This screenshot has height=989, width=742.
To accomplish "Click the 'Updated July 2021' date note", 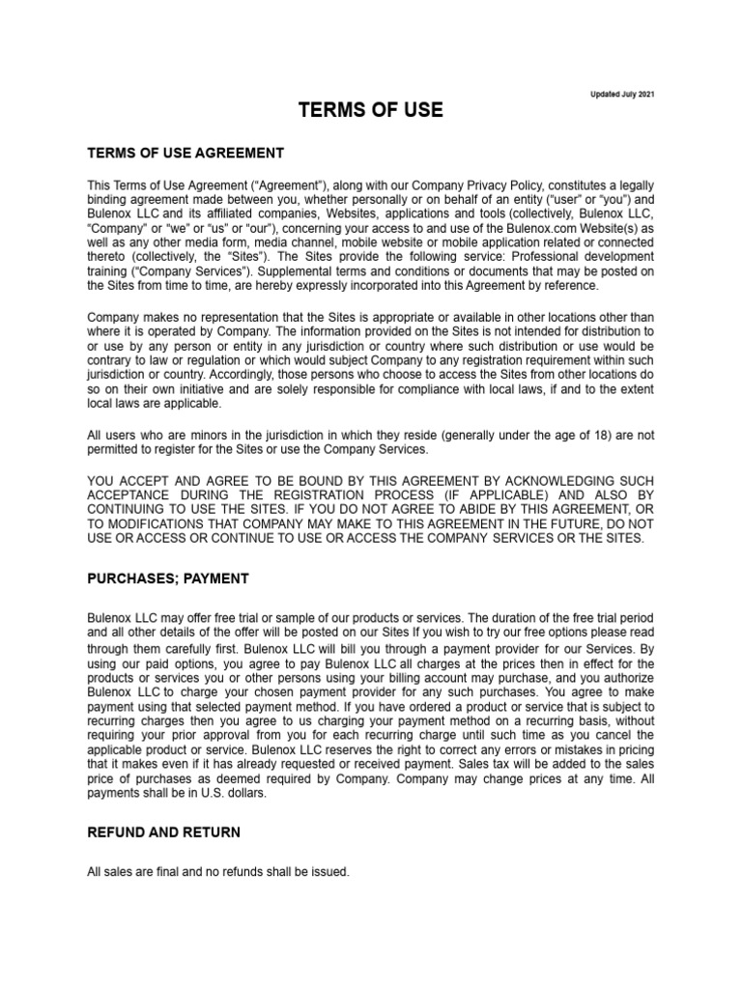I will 622,95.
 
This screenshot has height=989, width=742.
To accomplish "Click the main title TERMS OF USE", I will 371,110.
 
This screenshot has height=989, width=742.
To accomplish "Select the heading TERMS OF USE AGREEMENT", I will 185,153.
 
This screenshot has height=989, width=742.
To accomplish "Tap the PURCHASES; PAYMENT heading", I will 168,579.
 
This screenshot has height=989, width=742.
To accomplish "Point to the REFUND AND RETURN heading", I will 164,832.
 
